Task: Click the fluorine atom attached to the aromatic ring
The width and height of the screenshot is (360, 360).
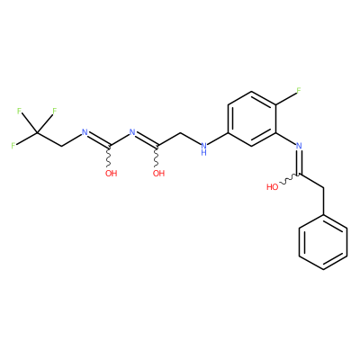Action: pyautogui.click(x=299, y=91)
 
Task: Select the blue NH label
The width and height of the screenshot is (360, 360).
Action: pyautogui.click(x=204, y=148)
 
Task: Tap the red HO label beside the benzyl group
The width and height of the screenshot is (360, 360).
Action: pyautogui.click(x=273, y=187)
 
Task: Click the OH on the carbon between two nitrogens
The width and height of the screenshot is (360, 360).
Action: pyautogui.click(x=111, y=173)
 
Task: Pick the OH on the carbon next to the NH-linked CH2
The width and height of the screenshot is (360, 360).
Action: pyautogui.click(x=158, y=173)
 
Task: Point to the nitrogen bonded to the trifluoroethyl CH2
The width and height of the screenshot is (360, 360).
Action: pyautogui.click(x=85, y=132)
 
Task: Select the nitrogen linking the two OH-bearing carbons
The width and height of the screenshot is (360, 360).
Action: pyautogui.click(x=132, y=132)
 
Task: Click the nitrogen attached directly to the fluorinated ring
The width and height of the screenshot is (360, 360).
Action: pyautogui.click(x=299, y=146)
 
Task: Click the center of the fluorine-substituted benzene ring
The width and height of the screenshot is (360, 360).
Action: pyautogui.click(x=252, y=119)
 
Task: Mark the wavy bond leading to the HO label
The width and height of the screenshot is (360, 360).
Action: pyautogui.click(x=288, y=179)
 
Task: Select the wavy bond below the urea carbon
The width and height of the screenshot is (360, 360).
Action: pyautogui.click(x=110, y=157)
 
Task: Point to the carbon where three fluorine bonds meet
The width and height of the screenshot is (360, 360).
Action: pyautogui.click(x=37, y=132)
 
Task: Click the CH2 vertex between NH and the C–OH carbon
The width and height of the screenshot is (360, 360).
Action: pyautogui.click(x=181, y=132)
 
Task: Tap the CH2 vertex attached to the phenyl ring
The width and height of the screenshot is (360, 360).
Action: pyautogui.click(x=323, y=188)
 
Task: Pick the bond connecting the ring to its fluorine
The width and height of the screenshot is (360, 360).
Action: pyautogui.click(x=286, y=98)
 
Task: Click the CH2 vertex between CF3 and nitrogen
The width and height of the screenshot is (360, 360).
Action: pyautogui.click(x=61, y=146)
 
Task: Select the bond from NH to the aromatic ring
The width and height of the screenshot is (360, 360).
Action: pyautogui.click(x=218, y=138)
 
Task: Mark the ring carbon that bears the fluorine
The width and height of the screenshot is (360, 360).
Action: pyautogui.click(x=275, y=104)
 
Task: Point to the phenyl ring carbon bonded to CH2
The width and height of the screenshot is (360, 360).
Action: pyautogui.click(x=323, y=215)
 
